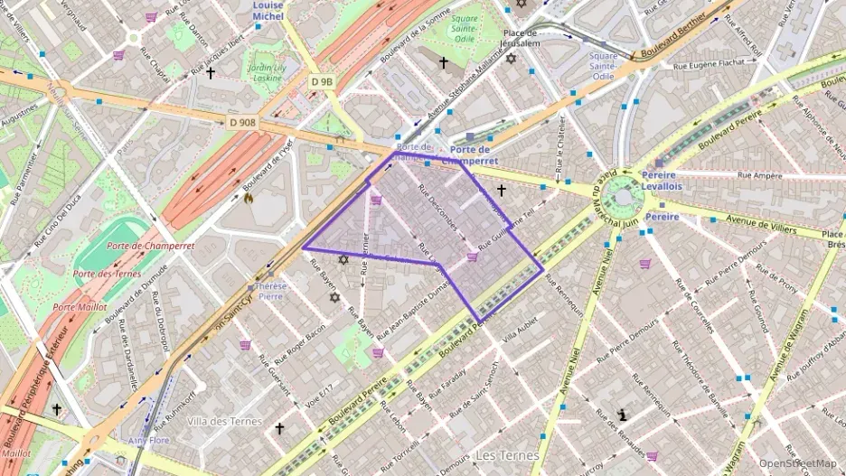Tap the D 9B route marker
click(x=322, y=81)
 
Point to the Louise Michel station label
click(x=268, y=10)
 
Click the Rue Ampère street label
click(x=760, y=174)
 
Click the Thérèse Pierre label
click(x=270, y=290)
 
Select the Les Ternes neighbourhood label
click(x=507, y=455)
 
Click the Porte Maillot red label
click(x=76, y=307)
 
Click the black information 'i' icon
click(x=623, y=415)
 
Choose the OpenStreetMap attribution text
click(x=797, y=463)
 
